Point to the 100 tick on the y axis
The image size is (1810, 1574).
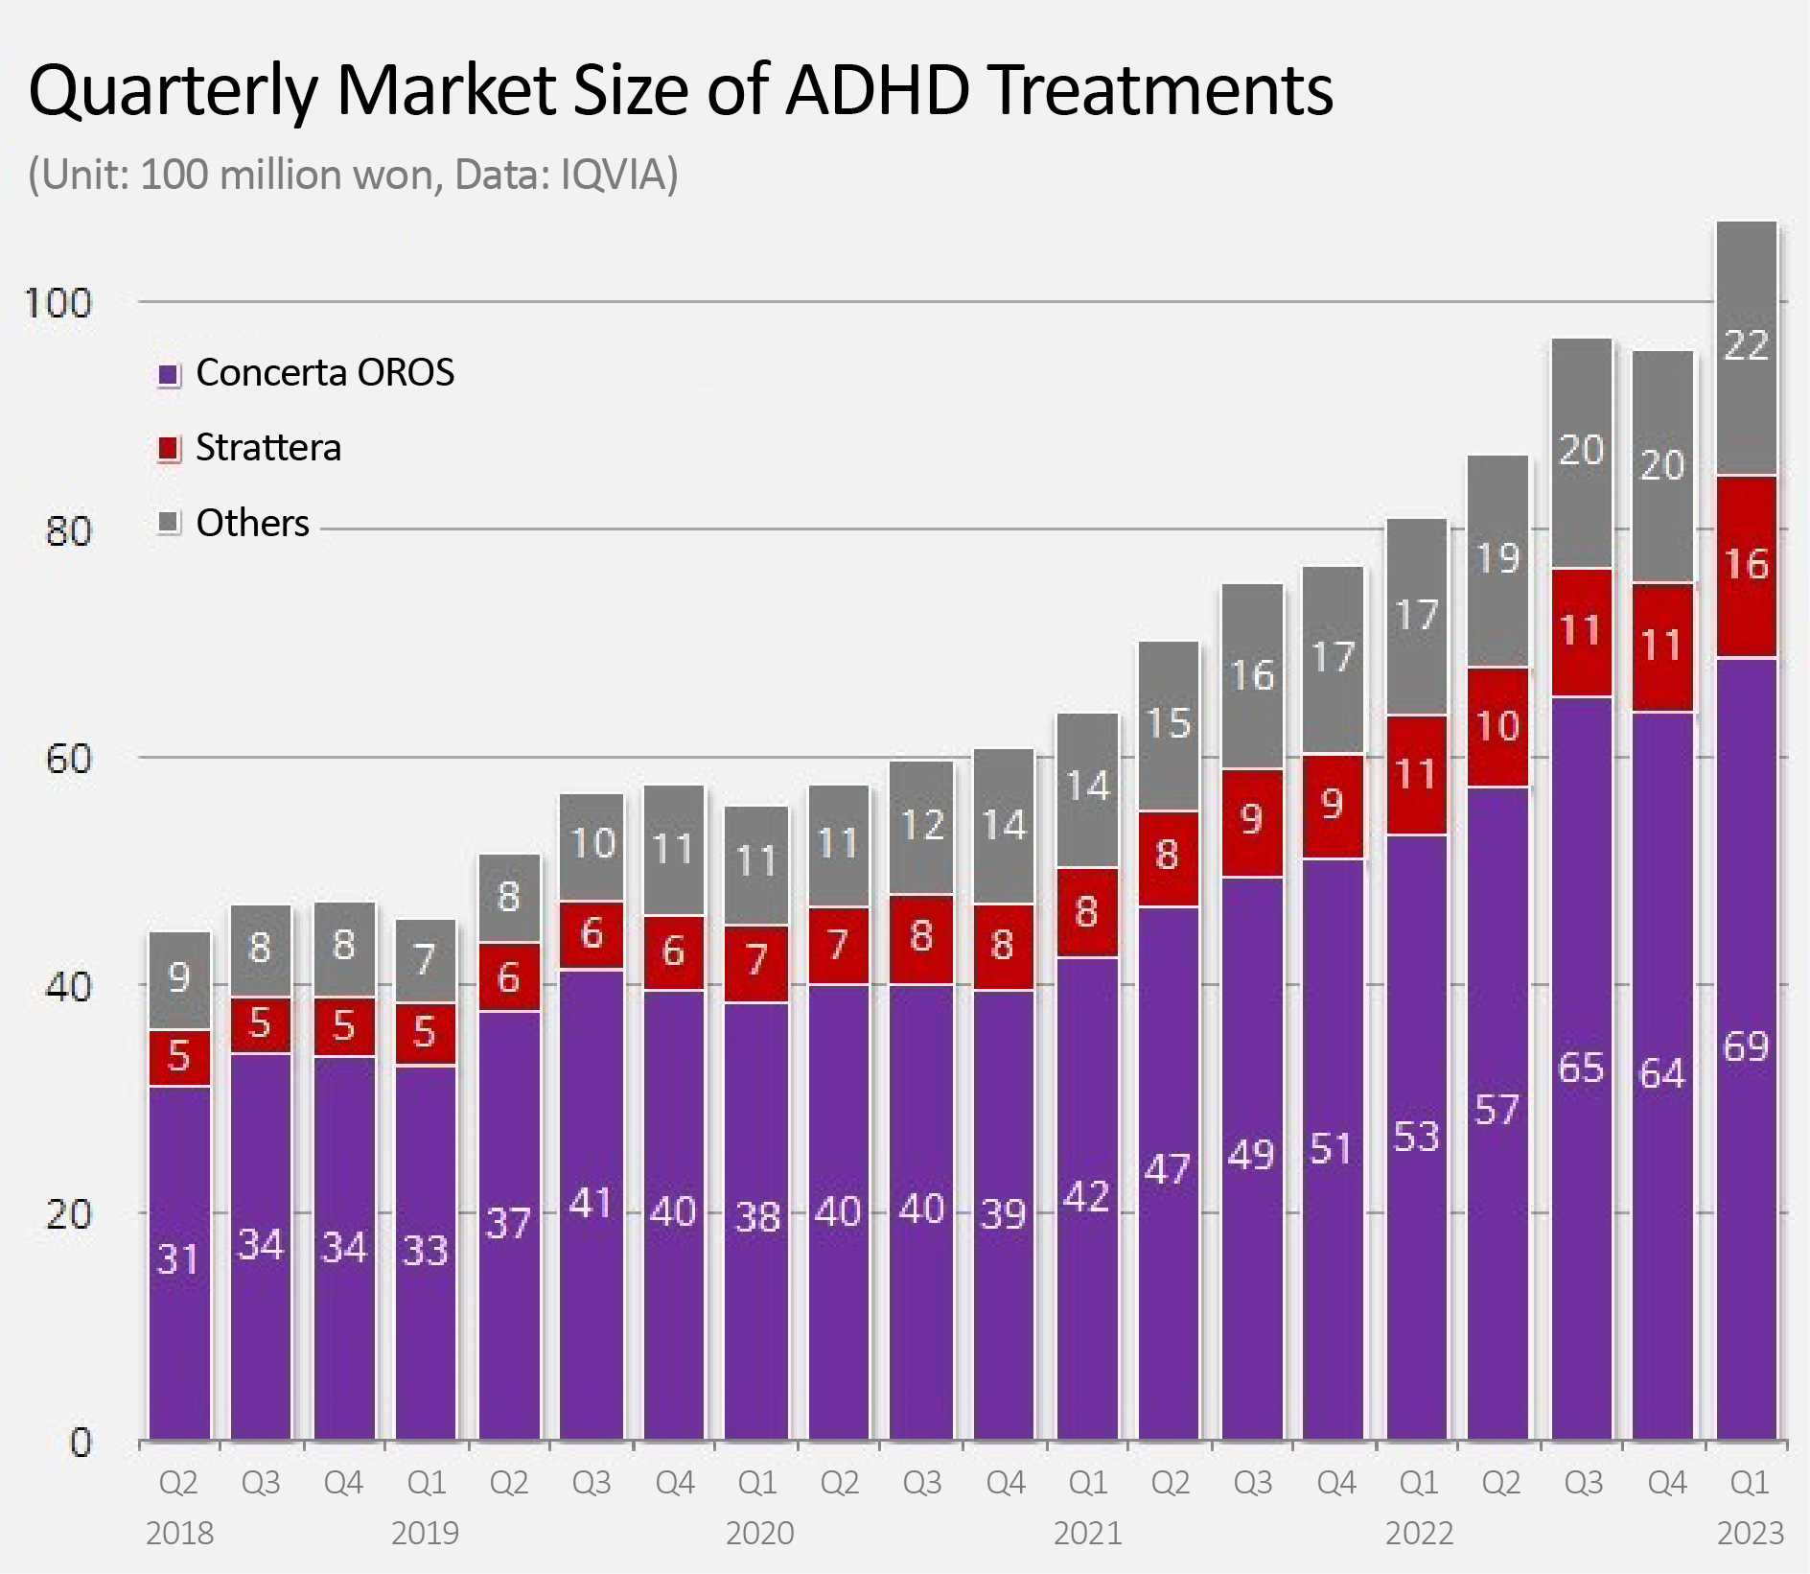tap(58, 304)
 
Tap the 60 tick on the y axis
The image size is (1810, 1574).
tap(68, 760)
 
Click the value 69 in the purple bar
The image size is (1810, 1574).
tap(1745, 1046)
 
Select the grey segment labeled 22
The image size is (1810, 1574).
tap(1746, 346)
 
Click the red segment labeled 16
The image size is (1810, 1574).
tap(1746, 565)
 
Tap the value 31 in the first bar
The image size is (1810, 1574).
tap(178, 1259)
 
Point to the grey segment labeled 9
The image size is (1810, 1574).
tap(179, 978)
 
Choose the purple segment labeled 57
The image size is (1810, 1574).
tap(1497, 1111)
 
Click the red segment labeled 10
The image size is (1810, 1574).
tap(1497, 726)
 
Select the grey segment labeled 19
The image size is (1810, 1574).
tap(1497, 559)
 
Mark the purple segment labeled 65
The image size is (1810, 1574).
tap(1581, 1068)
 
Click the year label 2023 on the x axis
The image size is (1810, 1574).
tap(1750, 1534)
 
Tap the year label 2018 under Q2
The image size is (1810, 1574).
tap(179, 1534)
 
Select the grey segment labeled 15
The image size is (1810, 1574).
tap(1169, 724)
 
